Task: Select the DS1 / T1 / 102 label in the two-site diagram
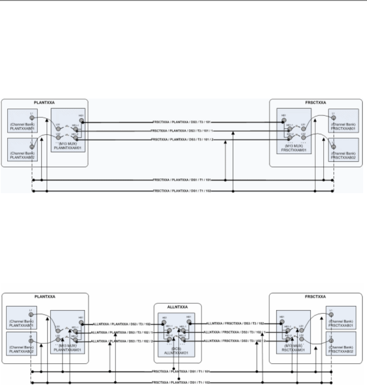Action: click(183, 192)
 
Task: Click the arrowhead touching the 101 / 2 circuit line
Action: click(226, 143)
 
